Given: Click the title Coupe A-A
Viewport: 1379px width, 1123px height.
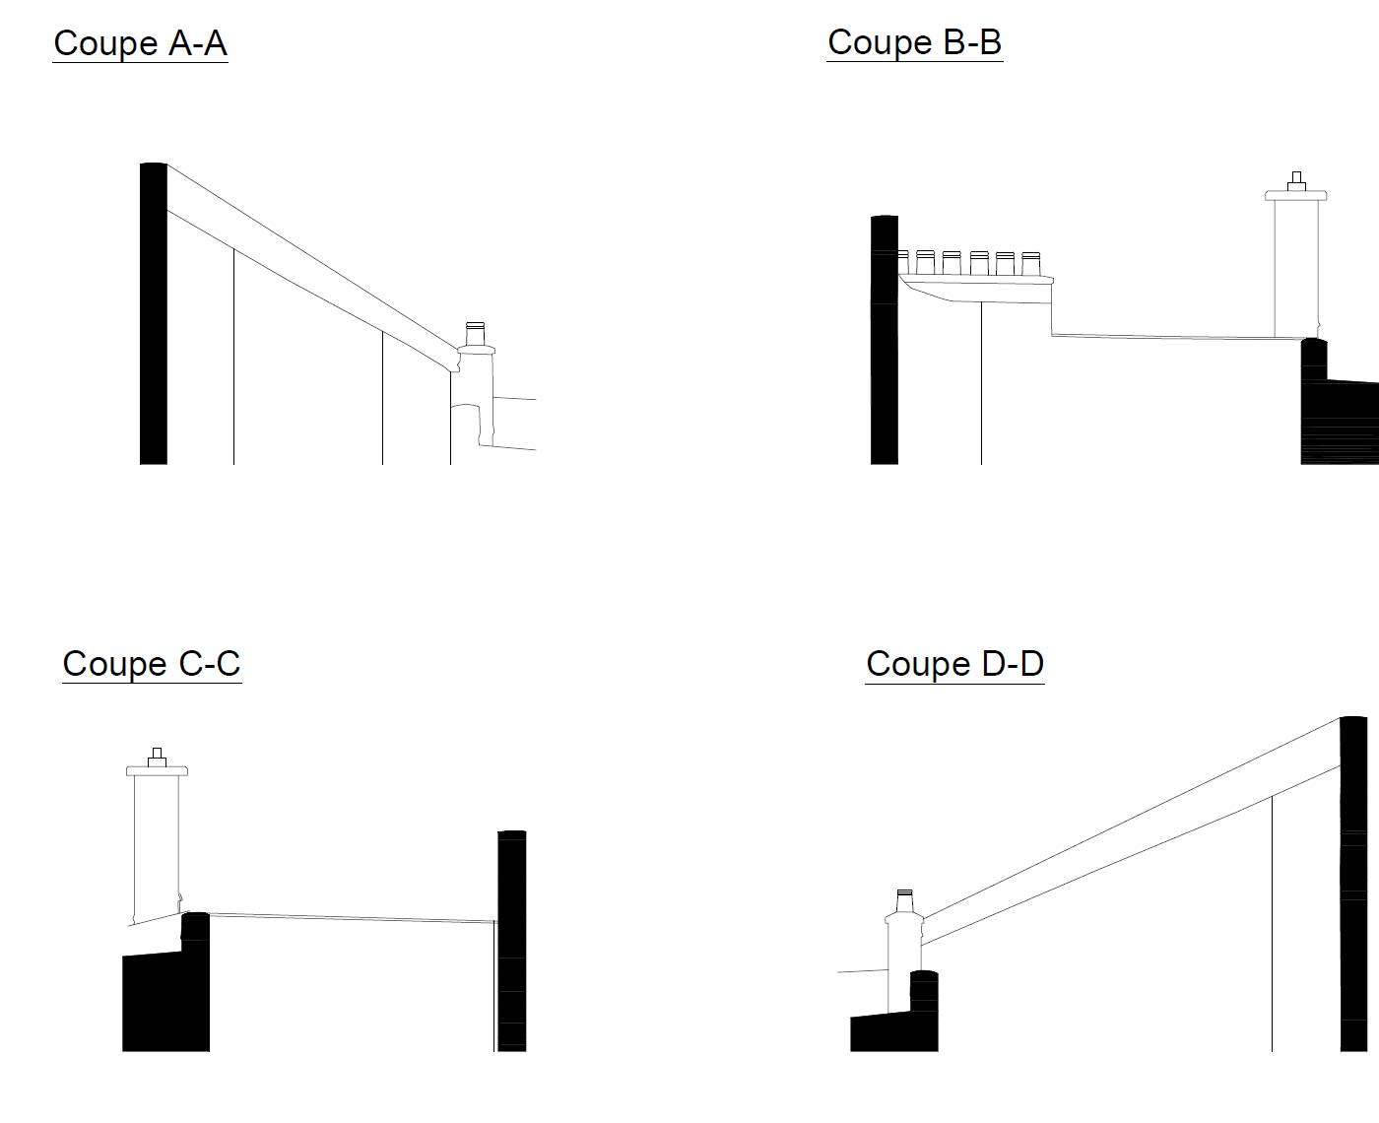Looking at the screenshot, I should [x=140, y=43].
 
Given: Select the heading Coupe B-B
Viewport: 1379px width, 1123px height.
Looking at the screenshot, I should [x=914, y=42].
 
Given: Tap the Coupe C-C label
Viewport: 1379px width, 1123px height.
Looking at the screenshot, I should [x=152, y=663].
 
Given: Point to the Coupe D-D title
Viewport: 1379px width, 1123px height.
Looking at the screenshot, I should [x=954, y=663].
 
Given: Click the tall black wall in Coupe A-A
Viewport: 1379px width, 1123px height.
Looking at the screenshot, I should [x=153, y=315].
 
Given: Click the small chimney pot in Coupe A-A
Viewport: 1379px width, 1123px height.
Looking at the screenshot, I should [x=476, y=333].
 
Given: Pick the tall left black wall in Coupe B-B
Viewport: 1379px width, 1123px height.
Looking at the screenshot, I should [x=885, y=340].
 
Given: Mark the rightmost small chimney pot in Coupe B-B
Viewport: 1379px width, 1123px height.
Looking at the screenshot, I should [x=1030, y=263].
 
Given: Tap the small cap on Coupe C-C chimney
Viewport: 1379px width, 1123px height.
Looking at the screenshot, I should [x=157, y=755].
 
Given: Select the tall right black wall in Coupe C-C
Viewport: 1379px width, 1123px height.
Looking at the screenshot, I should [x=511, y=941].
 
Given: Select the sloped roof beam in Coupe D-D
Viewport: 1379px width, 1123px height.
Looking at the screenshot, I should [x=1133, y=832].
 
